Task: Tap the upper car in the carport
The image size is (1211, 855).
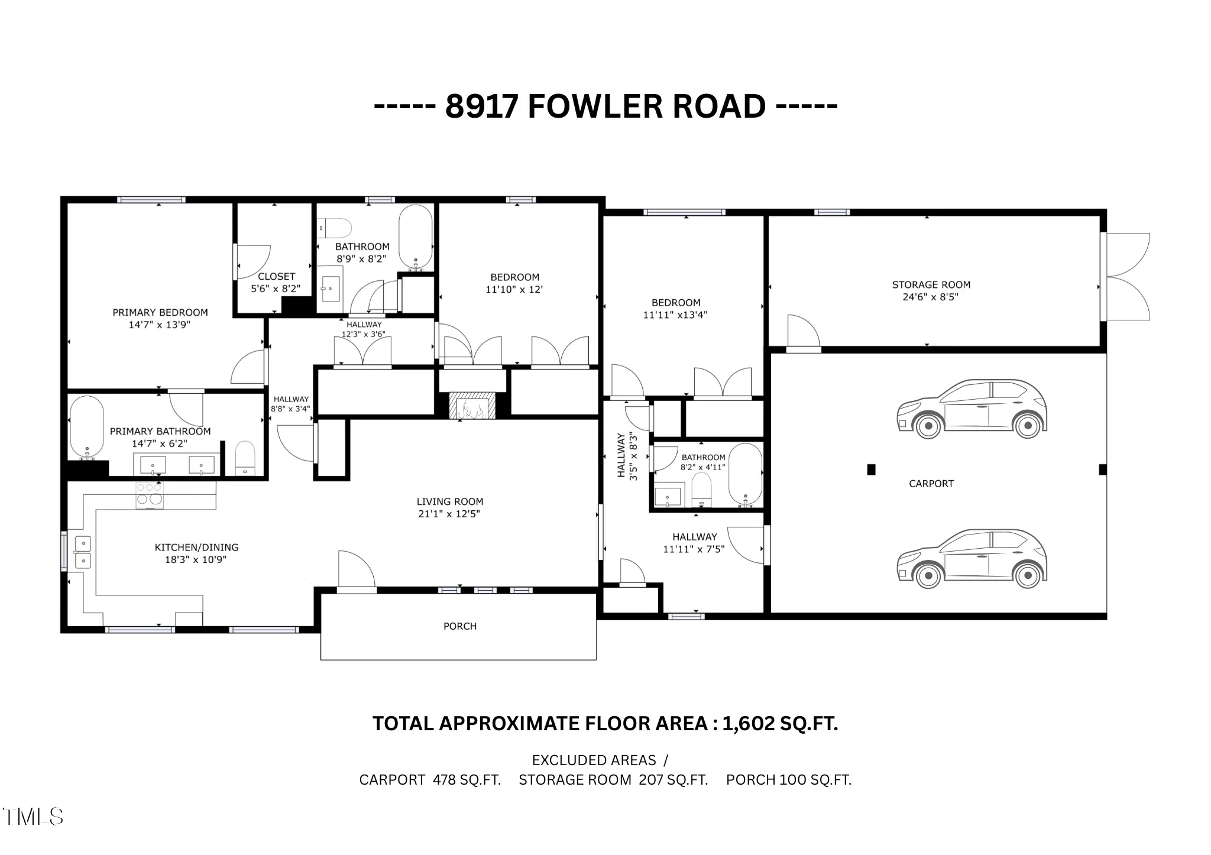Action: click(972, 409)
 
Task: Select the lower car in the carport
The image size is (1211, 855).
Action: click(972, 558)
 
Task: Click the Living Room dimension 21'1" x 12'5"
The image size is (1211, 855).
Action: click(449, 514)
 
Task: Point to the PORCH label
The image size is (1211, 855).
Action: click(459, 626)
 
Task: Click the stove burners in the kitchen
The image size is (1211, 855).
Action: click(149, 495)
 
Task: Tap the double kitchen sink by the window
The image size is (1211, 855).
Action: click(82, 551)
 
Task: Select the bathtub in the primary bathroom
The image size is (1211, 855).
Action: click(87, 427)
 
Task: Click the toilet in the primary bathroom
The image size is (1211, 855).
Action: click(245, 458)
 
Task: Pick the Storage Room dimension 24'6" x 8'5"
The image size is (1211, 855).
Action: click(930, 297)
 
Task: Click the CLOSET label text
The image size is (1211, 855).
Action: click(276, 276)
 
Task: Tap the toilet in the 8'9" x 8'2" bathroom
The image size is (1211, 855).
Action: click(335, 228)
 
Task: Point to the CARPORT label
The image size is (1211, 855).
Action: click(931, 484)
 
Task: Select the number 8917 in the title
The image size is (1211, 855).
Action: click(481, 107)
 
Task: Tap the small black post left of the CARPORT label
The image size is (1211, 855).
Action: click(871, 469)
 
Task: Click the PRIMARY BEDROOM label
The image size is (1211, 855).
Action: click(160, 312)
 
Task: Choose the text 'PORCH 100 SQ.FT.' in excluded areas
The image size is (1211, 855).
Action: click(788, 780)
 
